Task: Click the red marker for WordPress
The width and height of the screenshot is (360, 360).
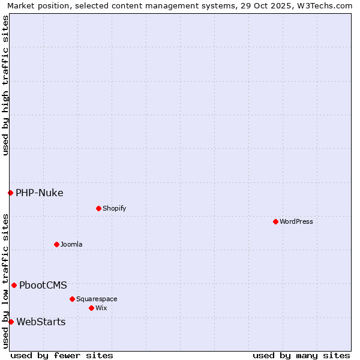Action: click(x=275, y=221)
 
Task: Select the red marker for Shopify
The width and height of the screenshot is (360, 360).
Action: click(x=98, y=208)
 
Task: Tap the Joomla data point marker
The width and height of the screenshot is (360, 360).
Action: click(x=56, y=244)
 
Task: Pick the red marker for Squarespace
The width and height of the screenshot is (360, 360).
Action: click(x=72, y=299)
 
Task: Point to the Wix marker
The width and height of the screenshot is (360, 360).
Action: click(x=91, y=308)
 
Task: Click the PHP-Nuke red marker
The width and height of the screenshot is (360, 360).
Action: click(x=10, y=193)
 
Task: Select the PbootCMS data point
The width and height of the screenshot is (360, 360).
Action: click(x=14, y=285)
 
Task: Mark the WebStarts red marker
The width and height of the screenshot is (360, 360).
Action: click(x=11, y=322)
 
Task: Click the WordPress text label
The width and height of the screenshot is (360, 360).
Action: click(x=296, y=221)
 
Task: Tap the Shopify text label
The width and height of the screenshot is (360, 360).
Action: click(x=114, y=208)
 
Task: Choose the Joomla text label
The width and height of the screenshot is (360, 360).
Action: click(x=71, y=244)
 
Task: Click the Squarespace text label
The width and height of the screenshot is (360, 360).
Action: click(x=97, y=299)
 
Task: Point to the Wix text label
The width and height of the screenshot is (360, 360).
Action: click(x=101, y=308)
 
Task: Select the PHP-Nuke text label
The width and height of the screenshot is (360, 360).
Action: click(x=39, y=193)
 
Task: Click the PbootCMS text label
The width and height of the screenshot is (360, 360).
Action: click(x=43, y=285)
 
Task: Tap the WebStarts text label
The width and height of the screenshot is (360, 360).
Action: click(x=41, y=322)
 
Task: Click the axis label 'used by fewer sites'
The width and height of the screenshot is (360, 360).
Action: click(x=62, y=355)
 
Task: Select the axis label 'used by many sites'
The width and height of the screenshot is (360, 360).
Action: click(x=301, y=355)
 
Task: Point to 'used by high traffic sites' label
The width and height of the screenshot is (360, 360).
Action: click(x=5, y=85)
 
